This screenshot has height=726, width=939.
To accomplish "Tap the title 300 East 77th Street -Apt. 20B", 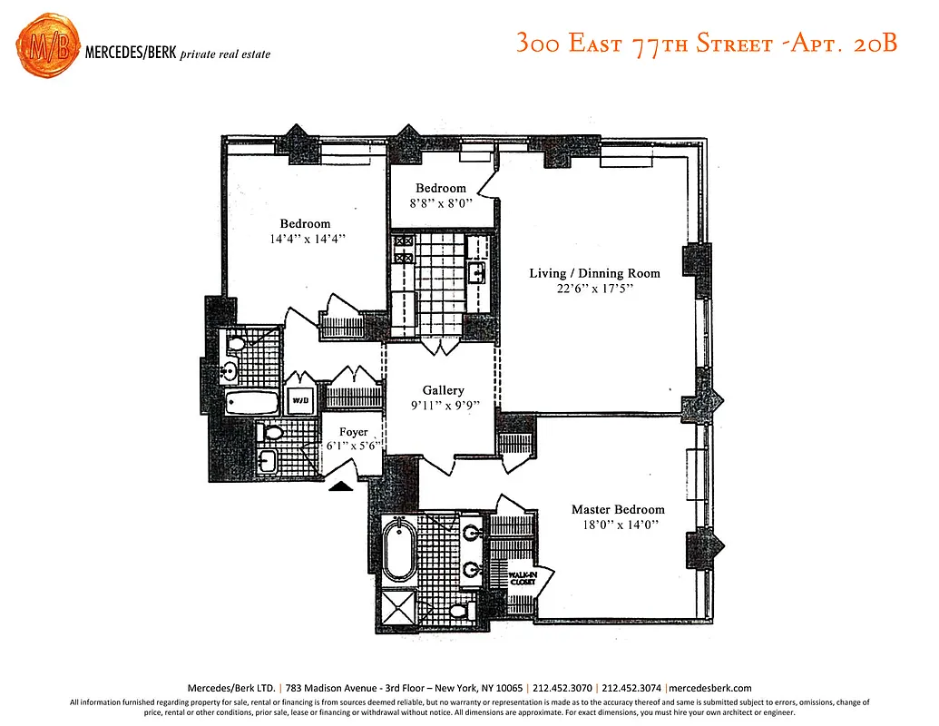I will [x=706, y=44].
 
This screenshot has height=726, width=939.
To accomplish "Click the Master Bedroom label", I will [x=617, y=510].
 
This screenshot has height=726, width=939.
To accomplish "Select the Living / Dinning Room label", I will [x=594, y=273].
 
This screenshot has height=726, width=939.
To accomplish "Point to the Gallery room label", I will [x=443, y=390].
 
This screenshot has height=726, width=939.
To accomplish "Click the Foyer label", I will [x=353, y=432].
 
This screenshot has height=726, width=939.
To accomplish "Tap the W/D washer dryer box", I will [x=299, y=399].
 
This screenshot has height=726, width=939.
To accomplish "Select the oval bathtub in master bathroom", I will [x=398, y=549].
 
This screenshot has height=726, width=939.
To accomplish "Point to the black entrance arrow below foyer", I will [x=340, y=486].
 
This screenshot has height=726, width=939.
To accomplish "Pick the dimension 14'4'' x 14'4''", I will [x=308, y=240].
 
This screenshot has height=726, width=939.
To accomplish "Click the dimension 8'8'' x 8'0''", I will [x=441, y=205].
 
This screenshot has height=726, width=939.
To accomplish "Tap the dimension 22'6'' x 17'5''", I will [x=594, y=289].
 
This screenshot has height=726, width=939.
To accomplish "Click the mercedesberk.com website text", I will [x=710, y=688].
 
